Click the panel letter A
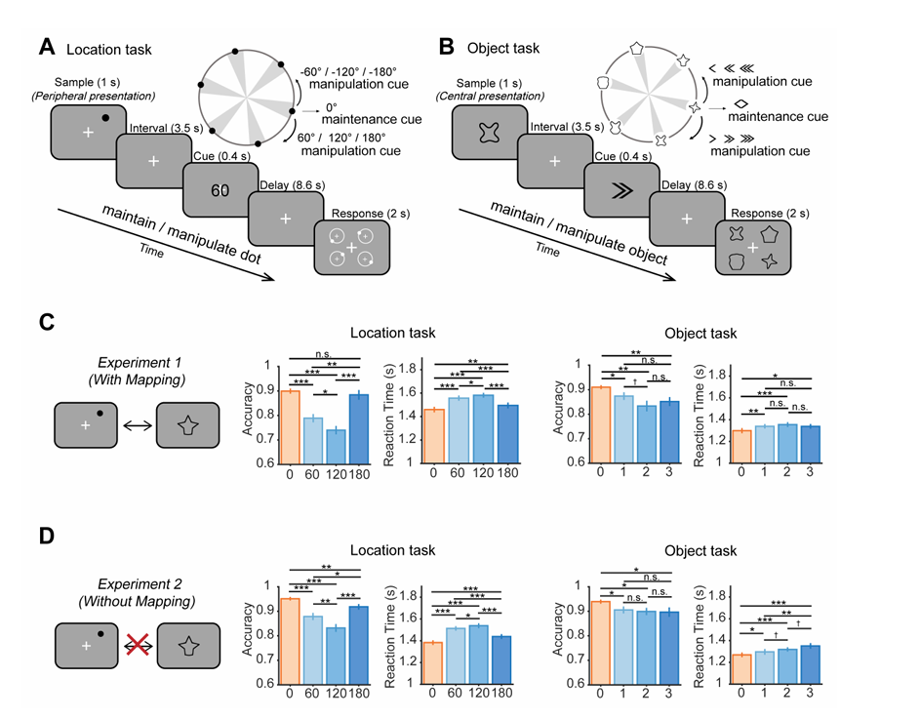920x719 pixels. point(47,46)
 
